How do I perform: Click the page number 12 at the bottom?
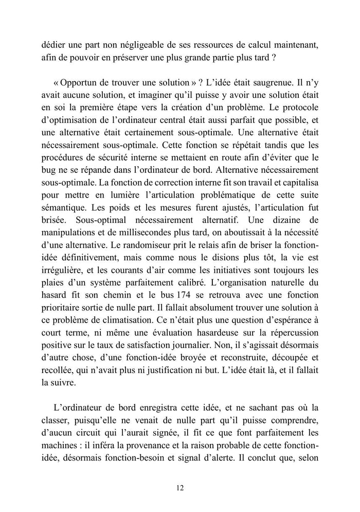click(180, 488)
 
